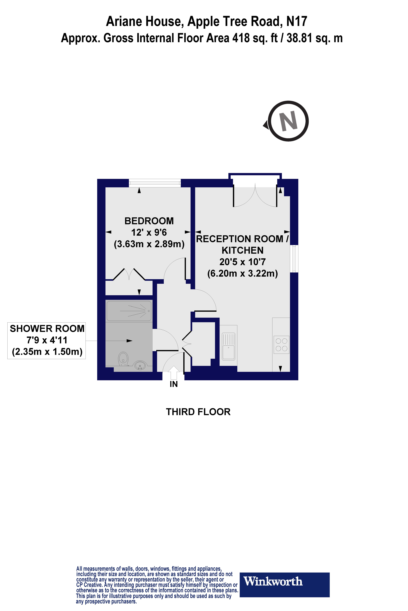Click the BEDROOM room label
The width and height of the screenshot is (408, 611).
pos(149,221)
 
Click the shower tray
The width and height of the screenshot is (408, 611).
pos(129,311)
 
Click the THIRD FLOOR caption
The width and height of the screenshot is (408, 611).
pos(198,412)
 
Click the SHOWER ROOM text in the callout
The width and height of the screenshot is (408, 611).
pos(47,329)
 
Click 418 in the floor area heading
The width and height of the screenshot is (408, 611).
pos(241,38)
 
